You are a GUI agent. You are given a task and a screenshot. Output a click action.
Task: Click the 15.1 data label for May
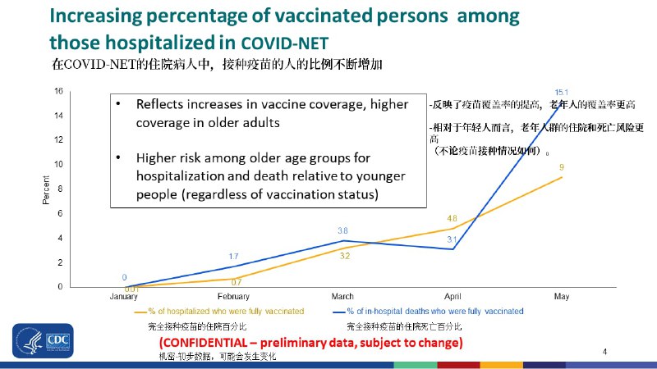(562, 92)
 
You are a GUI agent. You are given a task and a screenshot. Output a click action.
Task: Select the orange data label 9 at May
(561, 167)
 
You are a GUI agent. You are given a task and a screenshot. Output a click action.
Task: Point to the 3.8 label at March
(343, 231)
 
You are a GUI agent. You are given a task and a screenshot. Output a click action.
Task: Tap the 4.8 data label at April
(452, 218)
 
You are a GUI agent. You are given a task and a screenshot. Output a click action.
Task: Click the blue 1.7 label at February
(233, 257)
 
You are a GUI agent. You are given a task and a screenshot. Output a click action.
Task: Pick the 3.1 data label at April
(452, 239)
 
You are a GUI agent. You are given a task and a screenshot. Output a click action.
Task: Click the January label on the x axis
(124, 296)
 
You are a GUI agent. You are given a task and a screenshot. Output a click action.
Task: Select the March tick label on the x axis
(342, 296)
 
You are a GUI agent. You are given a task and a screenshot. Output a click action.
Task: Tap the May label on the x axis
(562, 296)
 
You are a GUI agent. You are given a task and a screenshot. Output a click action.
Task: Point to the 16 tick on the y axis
(59, 91)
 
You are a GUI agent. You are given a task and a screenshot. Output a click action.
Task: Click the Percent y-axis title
(46, 189)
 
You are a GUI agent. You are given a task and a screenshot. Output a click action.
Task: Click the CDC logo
(42, 341)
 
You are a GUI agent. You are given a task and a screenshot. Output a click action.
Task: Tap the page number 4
(604, 352)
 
